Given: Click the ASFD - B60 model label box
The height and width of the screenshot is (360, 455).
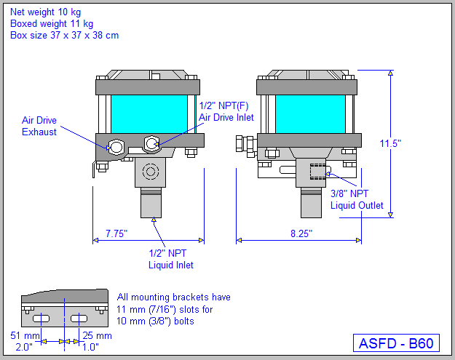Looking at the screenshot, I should [x=397, y=343].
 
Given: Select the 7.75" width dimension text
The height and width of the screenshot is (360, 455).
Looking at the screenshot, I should [x=116, y=233].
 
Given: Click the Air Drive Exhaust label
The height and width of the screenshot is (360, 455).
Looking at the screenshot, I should [x=39, y=126].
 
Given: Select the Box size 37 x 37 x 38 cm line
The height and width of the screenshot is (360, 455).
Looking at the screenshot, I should [x=64, y=35].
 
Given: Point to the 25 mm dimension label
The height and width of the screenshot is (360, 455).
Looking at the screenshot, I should [x=97, y=335].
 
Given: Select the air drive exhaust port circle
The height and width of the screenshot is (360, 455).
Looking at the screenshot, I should [x=116, y=146].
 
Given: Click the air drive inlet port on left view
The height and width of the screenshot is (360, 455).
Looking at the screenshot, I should [x=151, y=144].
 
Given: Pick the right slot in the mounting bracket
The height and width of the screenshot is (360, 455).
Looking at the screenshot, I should [x=80, y=319].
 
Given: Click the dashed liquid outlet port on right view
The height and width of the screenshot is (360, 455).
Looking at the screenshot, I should [x=318, y=172].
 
